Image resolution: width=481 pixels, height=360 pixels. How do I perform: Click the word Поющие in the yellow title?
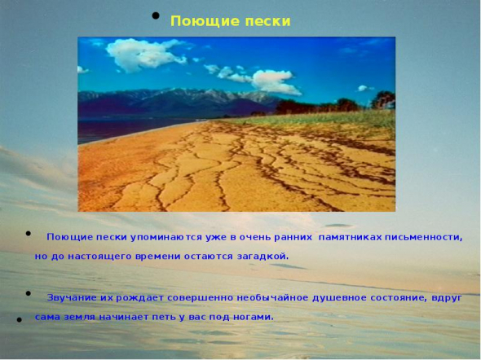click(205, 21)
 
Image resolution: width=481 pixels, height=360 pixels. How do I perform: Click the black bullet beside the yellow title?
click(156, 15)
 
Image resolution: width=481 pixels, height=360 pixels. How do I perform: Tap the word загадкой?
click(263, 257)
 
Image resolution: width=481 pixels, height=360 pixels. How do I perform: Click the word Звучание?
click(72, 298)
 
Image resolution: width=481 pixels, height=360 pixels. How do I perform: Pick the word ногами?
click(254, 317)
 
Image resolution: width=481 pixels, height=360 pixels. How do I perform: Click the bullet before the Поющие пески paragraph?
click(29, 234)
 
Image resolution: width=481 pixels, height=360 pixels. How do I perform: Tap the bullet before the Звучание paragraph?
click(29, 293)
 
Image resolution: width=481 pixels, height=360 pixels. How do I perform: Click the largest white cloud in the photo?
click(144, 55)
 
